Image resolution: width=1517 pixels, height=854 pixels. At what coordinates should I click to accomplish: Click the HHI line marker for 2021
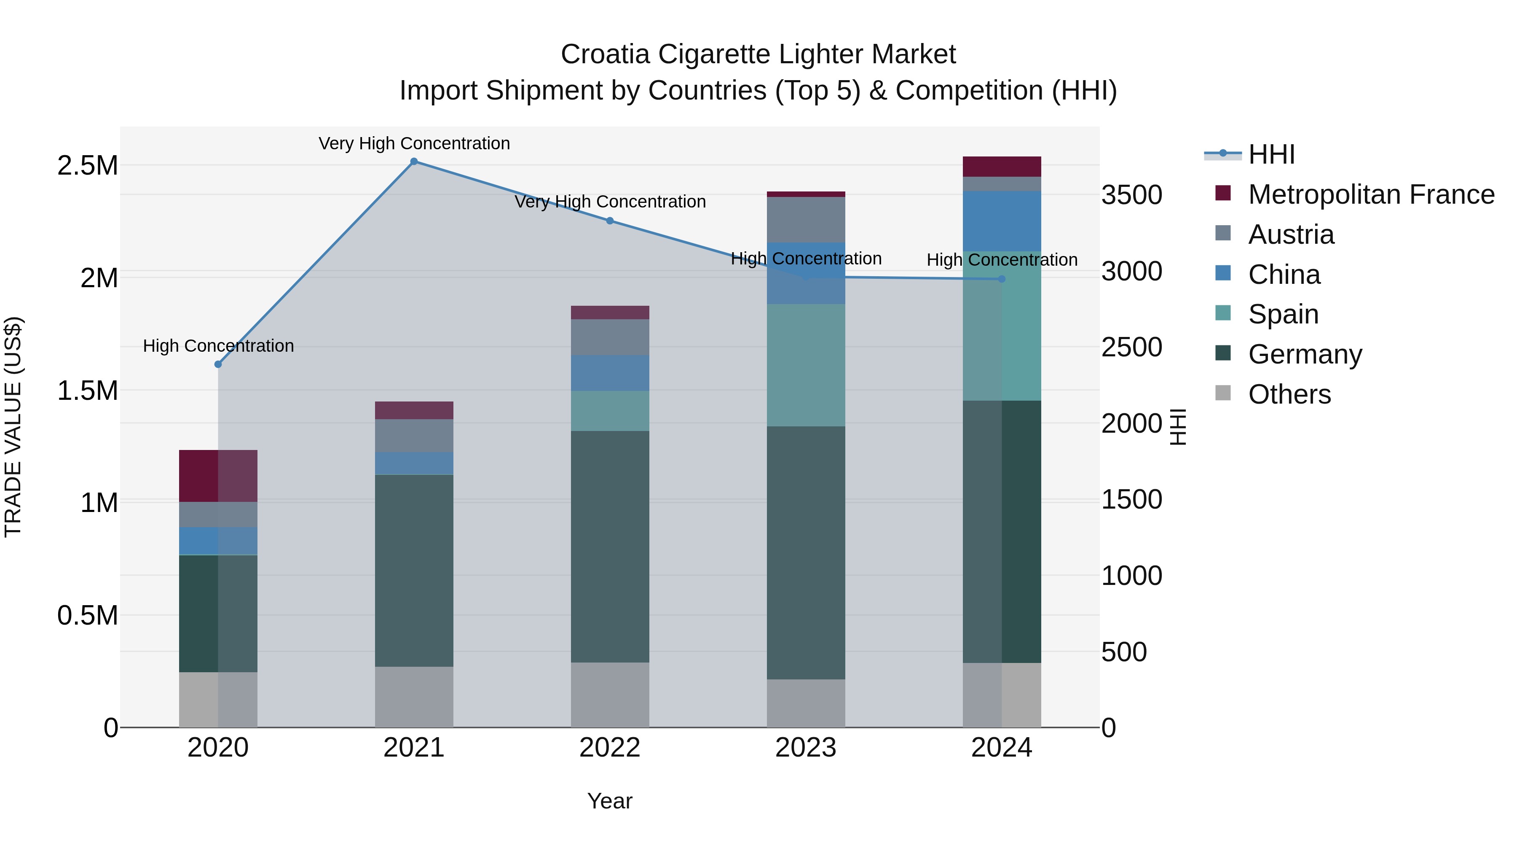[414, 162]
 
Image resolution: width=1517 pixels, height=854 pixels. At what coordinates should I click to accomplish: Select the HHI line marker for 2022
[610, 221]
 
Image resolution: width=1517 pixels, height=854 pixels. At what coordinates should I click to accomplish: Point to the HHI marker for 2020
[218, 364]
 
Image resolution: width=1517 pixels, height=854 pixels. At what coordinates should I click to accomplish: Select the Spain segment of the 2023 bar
[806, 365]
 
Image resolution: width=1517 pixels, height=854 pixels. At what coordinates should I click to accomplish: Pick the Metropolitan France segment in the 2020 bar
[218, 476]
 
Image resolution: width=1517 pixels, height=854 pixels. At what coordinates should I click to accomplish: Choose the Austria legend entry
[1290, 234]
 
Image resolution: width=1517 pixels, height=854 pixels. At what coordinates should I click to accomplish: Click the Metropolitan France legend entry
[1370, 194]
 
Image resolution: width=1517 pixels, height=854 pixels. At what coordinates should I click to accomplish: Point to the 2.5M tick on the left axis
[88, 166]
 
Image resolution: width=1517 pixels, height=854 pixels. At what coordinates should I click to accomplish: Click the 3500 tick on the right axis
[1131, 195]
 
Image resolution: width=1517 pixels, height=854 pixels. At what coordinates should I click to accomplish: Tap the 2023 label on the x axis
[806, 748]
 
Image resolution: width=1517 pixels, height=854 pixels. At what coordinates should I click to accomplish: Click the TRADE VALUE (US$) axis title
[13, 427]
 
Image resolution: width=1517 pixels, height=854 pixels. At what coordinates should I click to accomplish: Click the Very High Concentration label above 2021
[414, 143]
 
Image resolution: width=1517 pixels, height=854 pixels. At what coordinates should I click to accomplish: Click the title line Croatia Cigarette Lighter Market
[758, 54]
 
